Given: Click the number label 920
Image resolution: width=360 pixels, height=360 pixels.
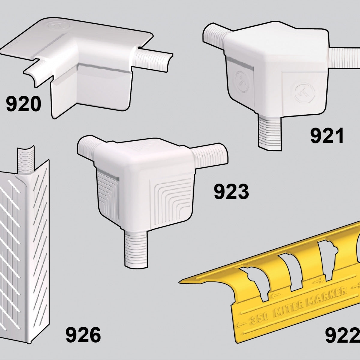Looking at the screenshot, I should [23, 105].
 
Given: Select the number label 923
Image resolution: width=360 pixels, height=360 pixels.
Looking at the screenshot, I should [231, 192].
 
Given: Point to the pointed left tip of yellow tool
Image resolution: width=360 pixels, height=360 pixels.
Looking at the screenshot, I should [181, 282].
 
